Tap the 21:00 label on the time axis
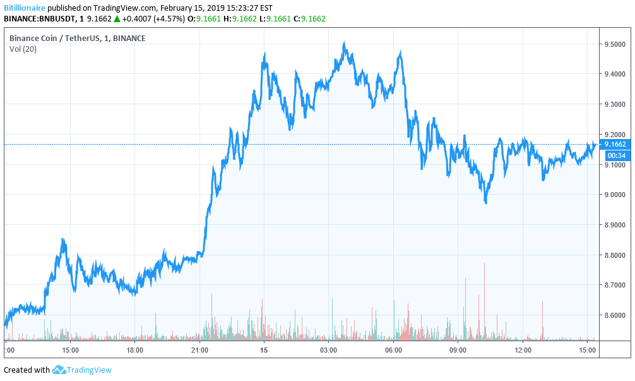coord(199,349)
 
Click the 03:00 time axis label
coord(329,349)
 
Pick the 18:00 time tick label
coord(135,349)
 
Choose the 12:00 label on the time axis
coord(523,349)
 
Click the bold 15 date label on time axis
coord(264,349)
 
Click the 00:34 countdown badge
coord(615,155)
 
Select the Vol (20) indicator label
coord(23,49)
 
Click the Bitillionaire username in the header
coord(24,8)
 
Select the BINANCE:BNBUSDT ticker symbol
coord(40,19)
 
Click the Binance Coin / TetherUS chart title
coord(77,39)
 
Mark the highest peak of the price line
coord(343,43)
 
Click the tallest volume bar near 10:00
coord(484,265)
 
